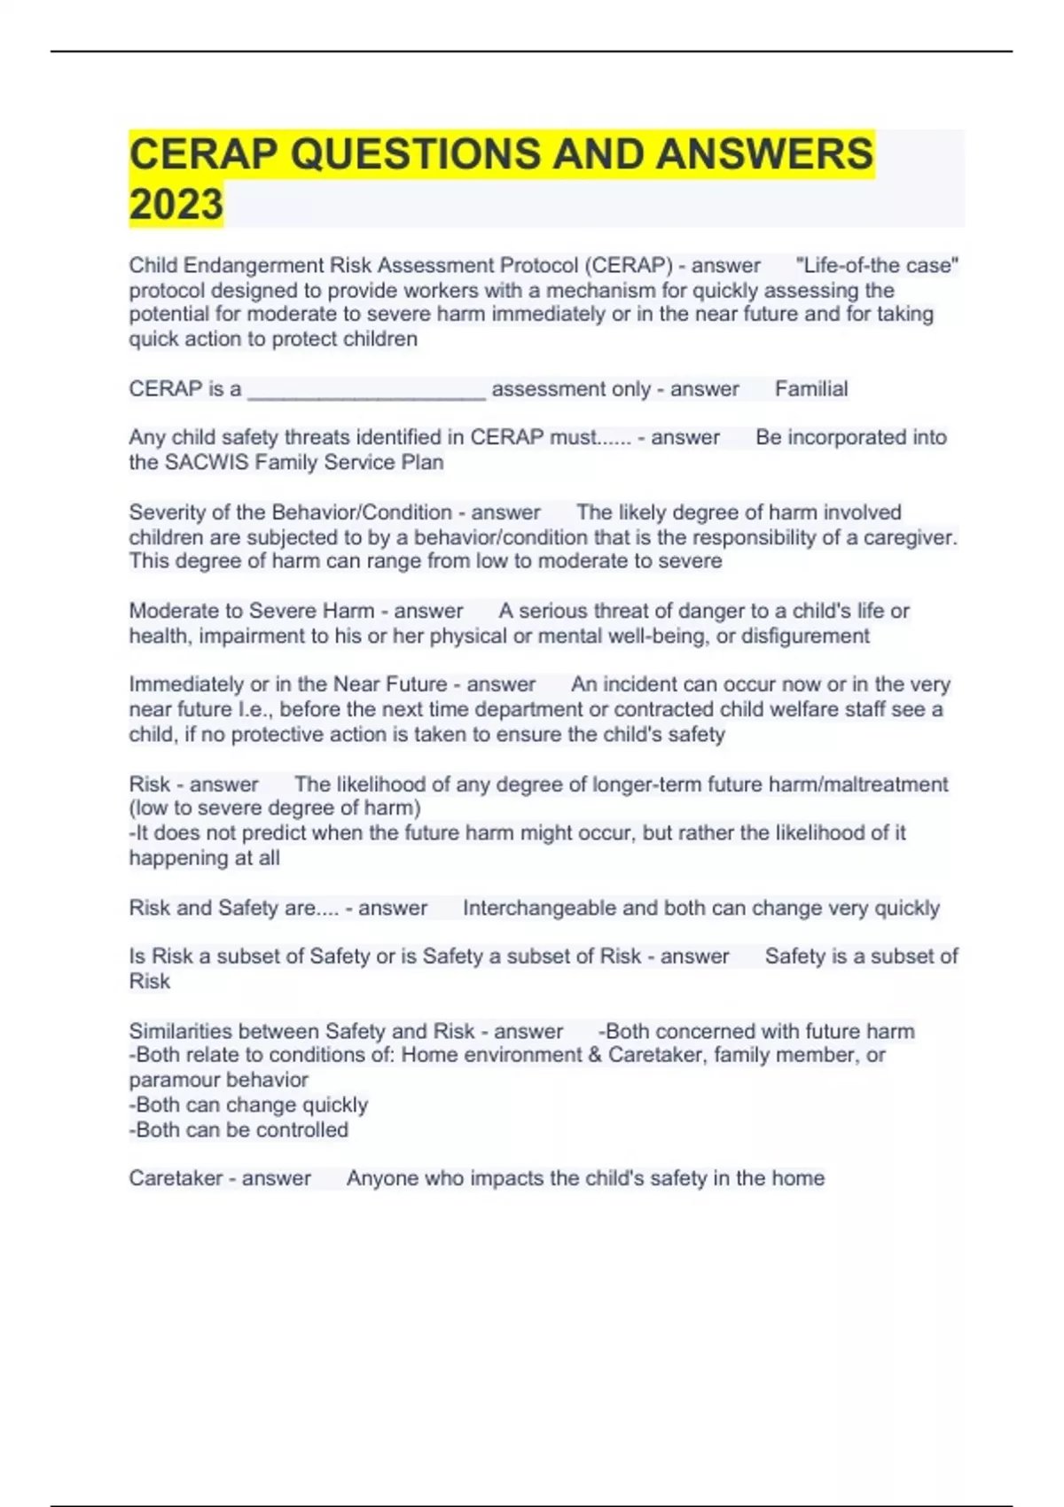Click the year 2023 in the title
click(x=176, y=204)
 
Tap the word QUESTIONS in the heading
click(x=415, y=154)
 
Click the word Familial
click(x=811, y=388)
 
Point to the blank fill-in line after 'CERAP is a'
click(x=366, y=390)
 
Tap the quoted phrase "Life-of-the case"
click(x=877, y=265)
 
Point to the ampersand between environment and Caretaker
click(x=594, y=1055)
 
